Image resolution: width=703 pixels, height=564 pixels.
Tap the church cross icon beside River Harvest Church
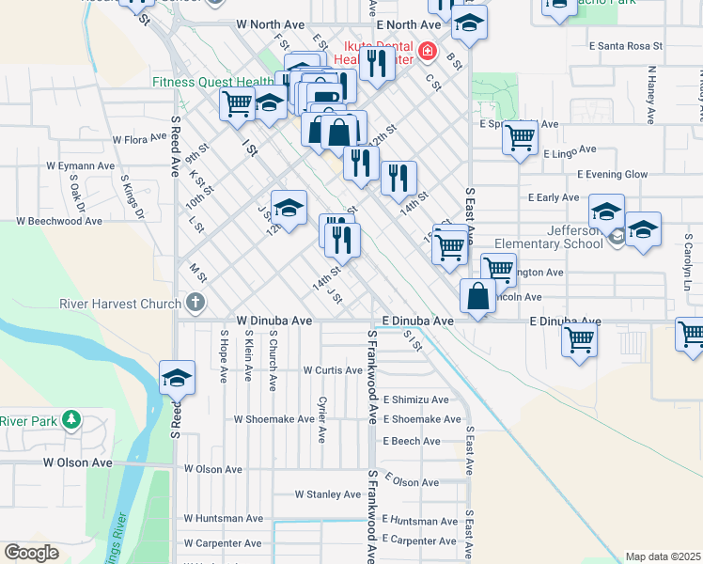(195, 303)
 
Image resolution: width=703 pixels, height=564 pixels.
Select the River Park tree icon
(70, 420)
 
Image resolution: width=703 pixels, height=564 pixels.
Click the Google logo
(31, 552)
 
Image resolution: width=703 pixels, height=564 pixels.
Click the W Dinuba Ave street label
(273, 321)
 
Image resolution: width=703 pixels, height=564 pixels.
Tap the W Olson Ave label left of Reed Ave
(77, 462)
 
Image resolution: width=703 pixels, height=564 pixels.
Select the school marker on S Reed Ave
(177, 378)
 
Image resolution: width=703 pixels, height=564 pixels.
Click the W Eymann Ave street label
(80, 165)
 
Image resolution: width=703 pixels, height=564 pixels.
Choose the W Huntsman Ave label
(224, 518)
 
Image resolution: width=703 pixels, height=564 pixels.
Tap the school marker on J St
(289, 209)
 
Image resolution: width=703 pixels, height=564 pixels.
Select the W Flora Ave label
(139, 139)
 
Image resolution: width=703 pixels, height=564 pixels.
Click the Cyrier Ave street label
(321, 420)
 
